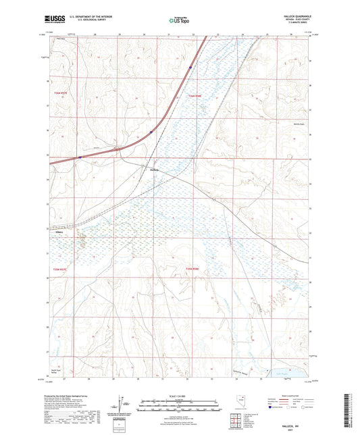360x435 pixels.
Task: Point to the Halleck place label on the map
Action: click(x=154, y=170)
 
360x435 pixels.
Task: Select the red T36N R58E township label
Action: click(x=195, y=97)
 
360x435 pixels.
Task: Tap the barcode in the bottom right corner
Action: click(x=351, y=415)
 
